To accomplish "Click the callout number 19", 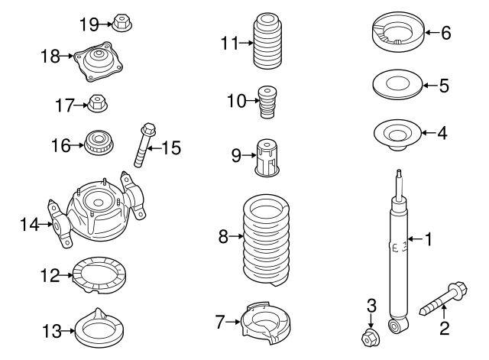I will pyautogui.click(x=89, y=24).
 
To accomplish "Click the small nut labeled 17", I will pyautogui.click(x=97, y=102).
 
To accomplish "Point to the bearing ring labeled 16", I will pyautogui.click(x=97, y=142).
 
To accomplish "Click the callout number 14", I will pyautogui.click(x=29, y=224).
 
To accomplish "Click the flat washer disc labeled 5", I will pyautogui.click(x=396, y=84).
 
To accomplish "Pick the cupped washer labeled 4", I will pyautogui.click(x=396, y=134).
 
